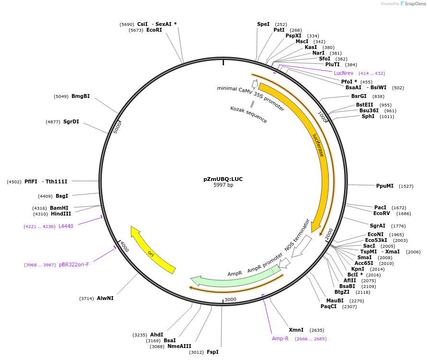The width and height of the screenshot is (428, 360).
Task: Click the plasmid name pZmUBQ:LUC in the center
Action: tap(223, 179)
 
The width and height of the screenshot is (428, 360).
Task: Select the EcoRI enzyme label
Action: tap(154, 30)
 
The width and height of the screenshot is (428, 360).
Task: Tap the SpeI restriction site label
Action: tap(263, 24)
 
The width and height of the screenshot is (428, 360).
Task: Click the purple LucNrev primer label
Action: tap(344, 73)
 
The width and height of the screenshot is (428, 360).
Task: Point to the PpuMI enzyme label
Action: tap(385, 186)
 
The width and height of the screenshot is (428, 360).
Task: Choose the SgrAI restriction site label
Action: tap(378, 226)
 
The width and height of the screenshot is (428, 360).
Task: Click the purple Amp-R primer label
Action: tap(280, 338)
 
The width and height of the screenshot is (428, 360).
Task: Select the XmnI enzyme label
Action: tap(296, 330)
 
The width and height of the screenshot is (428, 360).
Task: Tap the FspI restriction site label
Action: tap(212, 352)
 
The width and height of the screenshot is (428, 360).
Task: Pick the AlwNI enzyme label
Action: tap(105, 298)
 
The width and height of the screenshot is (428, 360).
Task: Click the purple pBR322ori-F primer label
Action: tap(74, 264)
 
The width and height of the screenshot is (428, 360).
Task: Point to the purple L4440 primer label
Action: tap(66, 226)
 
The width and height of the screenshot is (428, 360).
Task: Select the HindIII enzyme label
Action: tap(61, 214)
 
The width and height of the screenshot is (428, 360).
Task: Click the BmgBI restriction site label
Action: tap(81, 96)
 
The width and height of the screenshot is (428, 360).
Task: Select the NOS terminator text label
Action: tap(297, 235)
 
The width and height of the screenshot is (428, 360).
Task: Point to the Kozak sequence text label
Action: tap(249, 115)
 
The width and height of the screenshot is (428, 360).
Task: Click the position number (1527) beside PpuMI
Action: tap(406, 186)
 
